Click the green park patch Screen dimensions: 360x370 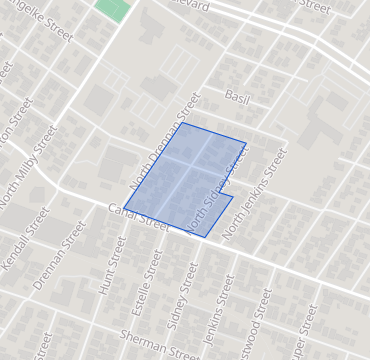tap(113, 8)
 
